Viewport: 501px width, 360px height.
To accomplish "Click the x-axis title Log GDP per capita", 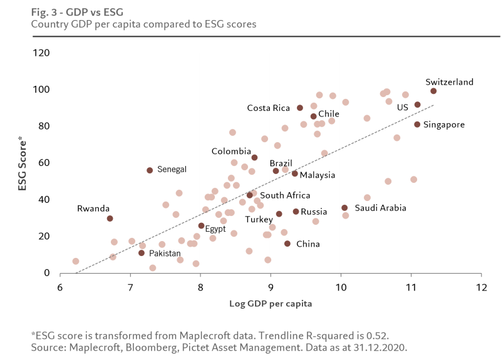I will (271, 303).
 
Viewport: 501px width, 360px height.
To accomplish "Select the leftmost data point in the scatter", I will (76, 261).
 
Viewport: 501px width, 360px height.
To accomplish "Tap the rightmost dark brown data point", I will (433, 91).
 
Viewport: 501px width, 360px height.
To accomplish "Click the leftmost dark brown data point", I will (110, 219).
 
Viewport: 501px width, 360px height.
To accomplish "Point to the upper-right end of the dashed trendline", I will (433, 105).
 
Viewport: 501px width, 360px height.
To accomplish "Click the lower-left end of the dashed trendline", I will (75, 273).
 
